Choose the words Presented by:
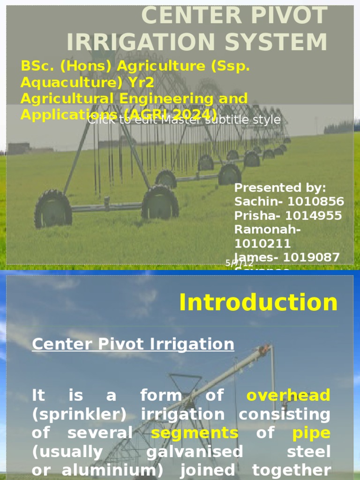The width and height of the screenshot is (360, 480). (280, 188)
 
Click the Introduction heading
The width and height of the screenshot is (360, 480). (258, 303)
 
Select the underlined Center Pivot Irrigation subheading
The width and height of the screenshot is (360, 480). (133, 345)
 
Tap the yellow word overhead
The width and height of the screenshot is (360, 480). (288, 396)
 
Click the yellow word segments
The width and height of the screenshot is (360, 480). (195, 433)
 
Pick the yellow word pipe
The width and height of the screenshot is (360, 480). (311, 433)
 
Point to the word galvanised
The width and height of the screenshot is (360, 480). (195, 452)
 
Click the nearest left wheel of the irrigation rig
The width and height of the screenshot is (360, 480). (53, 209)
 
